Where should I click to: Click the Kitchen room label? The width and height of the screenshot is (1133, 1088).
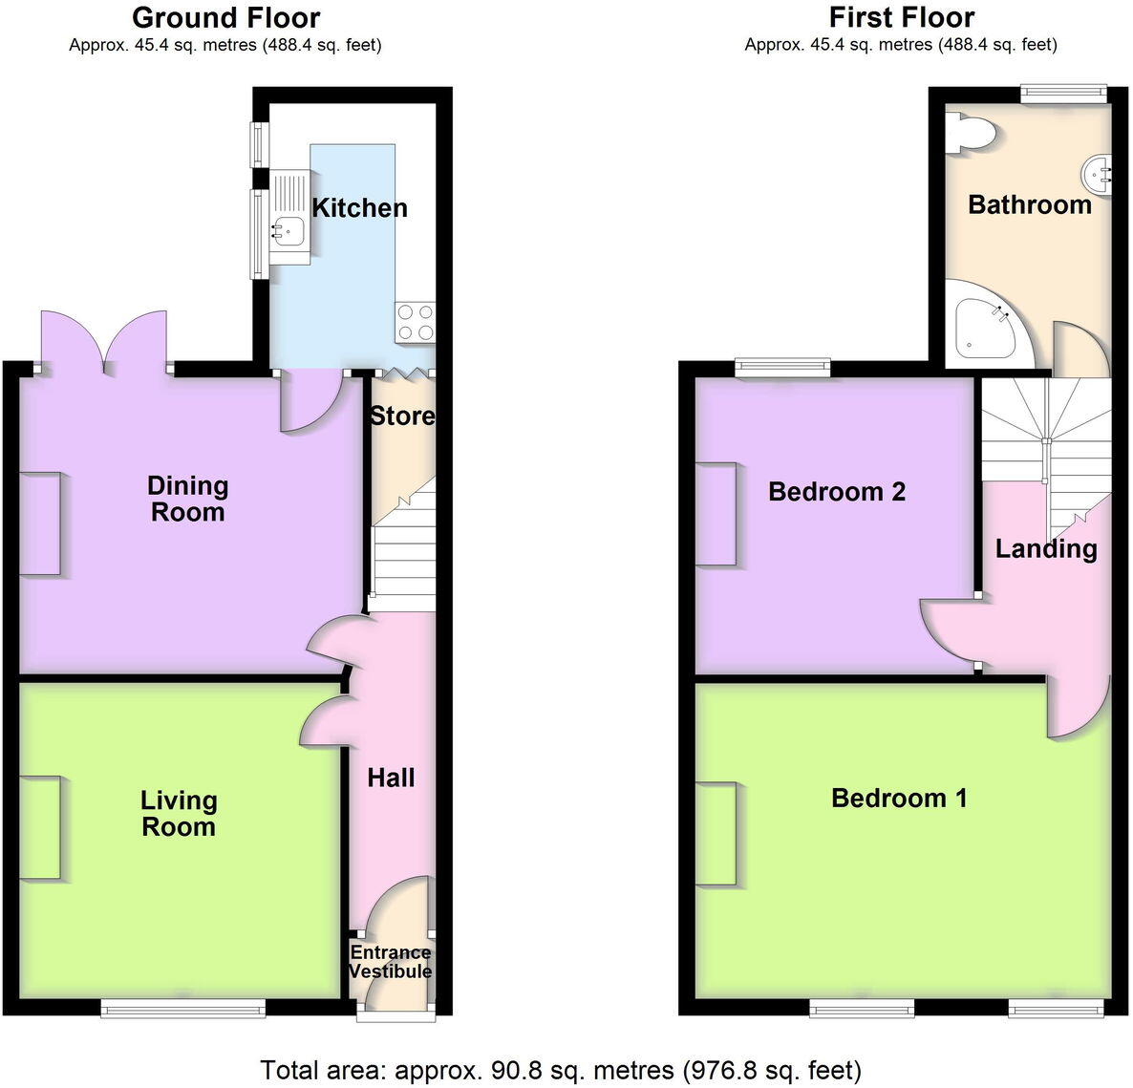click(359, 207)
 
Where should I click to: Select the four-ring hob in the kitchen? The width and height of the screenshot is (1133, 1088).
click(415, 321)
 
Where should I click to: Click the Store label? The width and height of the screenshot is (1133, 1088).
click(401, 416)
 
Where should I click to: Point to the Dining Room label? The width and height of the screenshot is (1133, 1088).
click(188, 499)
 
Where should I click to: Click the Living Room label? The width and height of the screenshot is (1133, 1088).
click(179, 813)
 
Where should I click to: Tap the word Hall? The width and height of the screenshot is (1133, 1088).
click(391, 778)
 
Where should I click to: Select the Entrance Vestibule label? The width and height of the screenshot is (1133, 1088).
click(390, 962)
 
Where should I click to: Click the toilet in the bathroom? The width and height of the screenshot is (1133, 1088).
click(969, 134)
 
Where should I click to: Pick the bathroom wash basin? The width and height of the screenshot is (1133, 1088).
click(1099, 174)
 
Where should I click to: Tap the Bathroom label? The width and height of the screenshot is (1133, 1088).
click(1029, 204)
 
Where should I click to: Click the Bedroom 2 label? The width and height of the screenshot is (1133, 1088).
click(837, 492)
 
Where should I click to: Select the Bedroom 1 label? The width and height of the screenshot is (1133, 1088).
click(899, 798)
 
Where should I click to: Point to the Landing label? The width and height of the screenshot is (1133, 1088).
click(1046, 548)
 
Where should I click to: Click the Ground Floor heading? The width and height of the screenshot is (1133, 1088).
click(225, 17)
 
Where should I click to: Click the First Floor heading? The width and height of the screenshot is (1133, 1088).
click(901, 17)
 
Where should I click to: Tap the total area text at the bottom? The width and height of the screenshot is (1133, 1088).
click(561, 1069)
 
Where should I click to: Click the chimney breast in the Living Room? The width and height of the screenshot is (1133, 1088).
click(41, 827)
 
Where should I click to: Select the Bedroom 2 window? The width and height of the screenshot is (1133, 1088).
click(782, 364)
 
